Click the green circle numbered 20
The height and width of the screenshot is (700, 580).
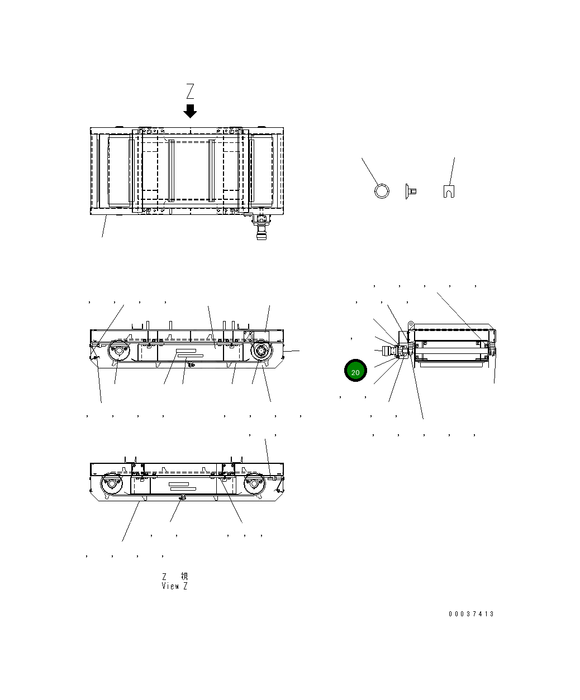tap(355, 371)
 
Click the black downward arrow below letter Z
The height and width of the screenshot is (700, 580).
tap(190, 111)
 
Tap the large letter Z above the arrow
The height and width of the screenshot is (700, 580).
tap(190, 92)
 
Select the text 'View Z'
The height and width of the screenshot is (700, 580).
tap(174, 586)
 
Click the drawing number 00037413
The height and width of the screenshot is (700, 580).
tap(471, 614)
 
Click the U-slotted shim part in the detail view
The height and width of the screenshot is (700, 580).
tap(448, 191)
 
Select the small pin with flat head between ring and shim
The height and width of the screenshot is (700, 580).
tap(410, 191)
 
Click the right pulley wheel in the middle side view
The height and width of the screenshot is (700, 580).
tap(260, 352)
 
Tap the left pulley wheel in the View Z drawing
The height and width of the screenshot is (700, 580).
tap(111, 483)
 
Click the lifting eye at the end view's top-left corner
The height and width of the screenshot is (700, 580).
tap(410, 324)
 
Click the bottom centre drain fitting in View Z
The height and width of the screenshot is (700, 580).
tap(180, 497)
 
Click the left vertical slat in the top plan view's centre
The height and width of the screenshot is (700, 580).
tap(172, 170)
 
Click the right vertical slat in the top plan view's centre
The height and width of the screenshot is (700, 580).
tap(212, 170)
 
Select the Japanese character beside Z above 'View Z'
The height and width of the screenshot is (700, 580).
tap(184, 576)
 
